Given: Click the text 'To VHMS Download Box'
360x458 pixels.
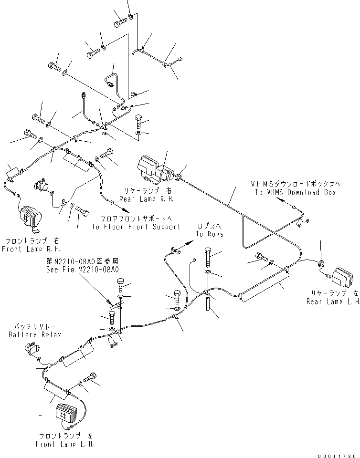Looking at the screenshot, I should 295,192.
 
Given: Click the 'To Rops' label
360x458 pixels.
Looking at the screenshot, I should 209,234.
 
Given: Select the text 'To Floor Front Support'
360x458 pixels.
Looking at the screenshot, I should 136,227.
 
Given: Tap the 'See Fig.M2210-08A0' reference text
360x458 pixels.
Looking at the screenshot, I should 83,270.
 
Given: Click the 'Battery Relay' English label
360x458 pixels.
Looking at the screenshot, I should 35,334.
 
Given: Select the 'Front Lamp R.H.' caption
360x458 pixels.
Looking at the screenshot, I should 33,249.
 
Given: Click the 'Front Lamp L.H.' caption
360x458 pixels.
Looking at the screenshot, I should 65,444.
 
